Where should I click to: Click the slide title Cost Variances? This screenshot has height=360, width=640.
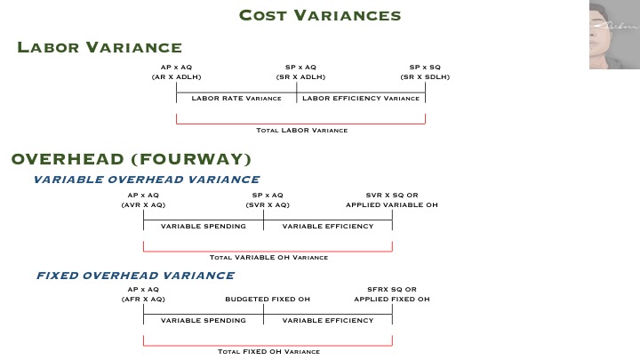pos(320,16)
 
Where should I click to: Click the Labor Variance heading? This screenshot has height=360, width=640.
pos(99,48)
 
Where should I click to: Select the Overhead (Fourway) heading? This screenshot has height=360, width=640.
pos(131,159)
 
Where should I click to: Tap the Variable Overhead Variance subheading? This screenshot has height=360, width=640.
pos(146,180)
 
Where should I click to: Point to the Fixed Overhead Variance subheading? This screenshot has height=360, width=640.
pos(135,276)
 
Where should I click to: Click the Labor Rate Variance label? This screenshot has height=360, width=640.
pos(236,98)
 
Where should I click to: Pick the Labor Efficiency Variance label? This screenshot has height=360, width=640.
pos(361,98)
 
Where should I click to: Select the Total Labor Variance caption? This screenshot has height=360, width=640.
pos(301,130)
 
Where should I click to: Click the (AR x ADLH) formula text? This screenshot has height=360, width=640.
pos(176,76)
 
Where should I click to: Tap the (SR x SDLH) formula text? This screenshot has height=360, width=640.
pos(425,76)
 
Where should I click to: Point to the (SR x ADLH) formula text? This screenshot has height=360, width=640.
pos(300,76)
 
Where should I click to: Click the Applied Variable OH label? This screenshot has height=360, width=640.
pos(392,204)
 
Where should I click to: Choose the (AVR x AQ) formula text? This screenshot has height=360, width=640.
pos(143,204)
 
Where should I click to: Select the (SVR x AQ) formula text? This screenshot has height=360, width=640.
pos(268,204)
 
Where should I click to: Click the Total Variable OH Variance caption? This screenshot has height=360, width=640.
pos(268,258)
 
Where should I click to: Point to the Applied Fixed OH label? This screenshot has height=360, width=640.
pos(392,299)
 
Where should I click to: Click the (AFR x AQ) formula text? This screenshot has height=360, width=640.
pos(143,299)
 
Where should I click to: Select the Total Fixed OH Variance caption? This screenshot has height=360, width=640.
pos(268,351)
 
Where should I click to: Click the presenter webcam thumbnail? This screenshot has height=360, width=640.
pos(613,36)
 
